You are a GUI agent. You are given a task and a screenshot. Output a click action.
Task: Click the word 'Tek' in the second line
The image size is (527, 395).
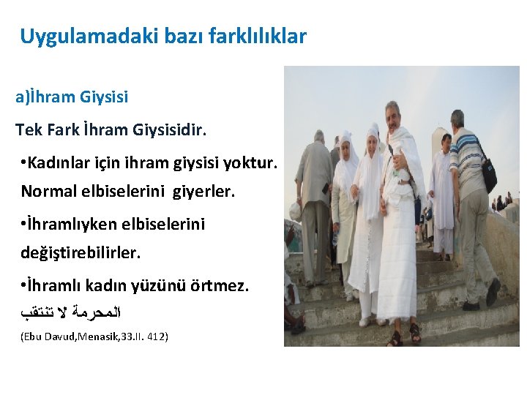tap(29, 130)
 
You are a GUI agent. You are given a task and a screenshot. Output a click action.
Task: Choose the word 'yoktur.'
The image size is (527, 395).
tap(253, 165)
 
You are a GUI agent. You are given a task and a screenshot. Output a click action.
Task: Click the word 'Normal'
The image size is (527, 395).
tap(47, 191)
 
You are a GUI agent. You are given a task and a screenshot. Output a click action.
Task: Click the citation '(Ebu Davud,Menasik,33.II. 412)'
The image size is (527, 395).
tap(92, 336)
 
